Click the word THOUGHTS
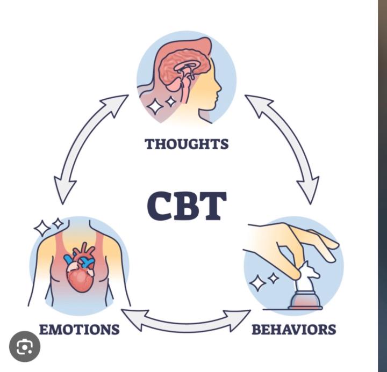[x=186, y=144]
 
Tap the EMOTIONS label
[x=79, y=329]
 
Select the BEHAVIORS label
[x=293, y=329]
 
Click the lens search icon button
[x=25, y=346]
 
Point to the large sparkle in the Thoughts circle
[x=155, y=106]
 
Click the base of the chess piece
[x=305, y=302]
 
